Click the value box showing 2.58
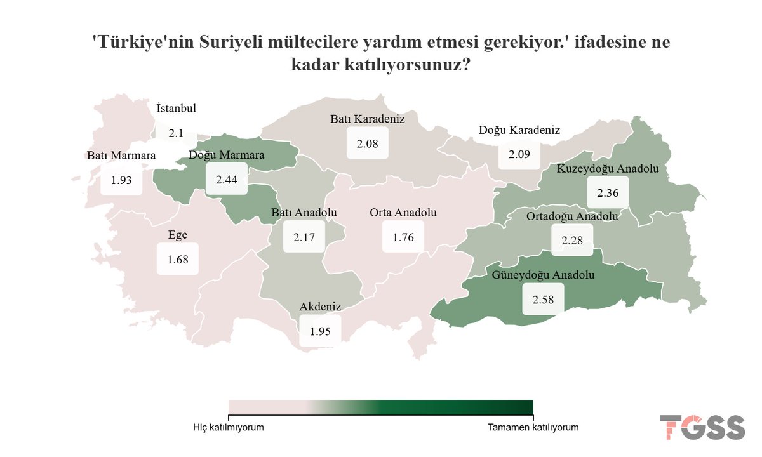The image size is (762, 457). click(x=543, y=299)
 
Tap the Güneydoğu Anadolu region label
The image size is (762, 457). click(x=543, y=275)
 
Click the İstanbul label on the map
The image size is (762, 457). click(x=176, y=109)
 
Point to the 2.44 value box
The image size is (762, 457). click(x=226, y=180)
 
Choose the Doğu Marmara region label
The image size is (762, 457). click(x=227, y=155)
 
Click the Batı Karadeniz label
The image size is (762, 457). click(x=367, y=119)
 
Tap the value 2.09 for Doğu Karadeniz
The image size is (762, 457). click(x=519, y=154)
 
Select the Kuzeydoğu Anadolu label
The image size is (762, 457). click(x=608, y=169)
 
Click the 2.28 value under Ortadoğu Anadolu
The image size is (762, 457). click(x=572, y=241)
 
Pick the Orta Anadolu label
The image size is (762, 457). click(x=403, y=213)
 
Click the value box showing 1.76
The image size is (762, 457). click(x=403, y=237)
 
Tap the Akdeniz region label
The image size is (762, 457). click(x=320, y=307)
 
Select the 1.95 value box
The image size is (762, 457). click(x=320, y=331)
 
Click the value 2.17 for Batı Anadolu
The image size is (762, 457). click(x=304, y=237)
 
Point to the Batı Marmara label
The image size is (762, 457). click(x=121, y=156)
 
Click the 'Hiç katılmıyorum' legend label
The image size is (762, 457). click(x=228, y=428)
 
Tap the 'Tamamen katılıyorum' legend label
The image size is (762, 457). click(x=533, y=428)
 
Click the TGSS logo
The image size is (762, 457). click(x=702, y=427)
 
